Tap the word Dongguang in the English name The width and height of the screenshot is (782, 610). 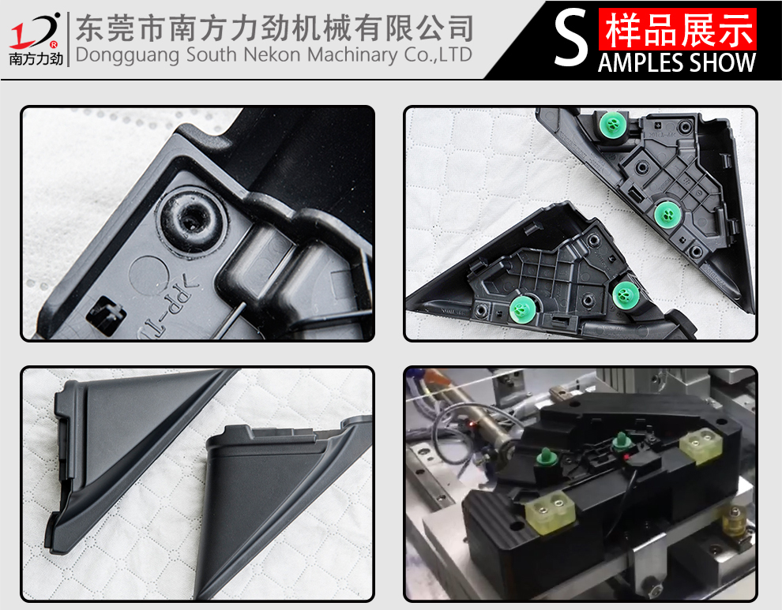pyautogui.click(x=127, y=54)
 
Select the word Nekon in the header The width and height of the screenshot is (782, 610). pyautogui.click(x=274, y=54)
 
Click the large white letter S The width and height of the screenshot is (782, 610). pyautogui.click(x=571, y=39)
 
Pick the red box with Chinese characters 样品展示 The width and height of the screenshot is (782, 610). pyautogui.click(x=678, y=29)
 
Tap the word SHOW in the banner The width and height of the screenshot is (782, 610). pyautogui.click(x=723, y=63)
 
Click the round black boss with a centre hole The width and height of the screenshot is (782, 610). pyautogui.click(x=190, y=219)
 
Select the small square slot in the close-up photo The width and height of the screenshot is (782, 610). pyautogui.click(x=106, y=314)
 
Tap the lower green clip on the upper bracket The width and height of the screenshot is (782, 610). pyautogui.click(x=668, y=215)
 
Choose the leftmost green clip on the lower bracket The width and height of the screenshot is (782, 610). pyautogui.click(x=523, y=309)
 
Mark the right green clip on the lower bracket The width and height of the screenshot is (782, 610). pyautogui.click(x=626, y=295)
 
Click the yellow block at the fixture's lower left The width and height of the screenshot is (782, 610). pyautogui.click(x=550, y=512)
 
